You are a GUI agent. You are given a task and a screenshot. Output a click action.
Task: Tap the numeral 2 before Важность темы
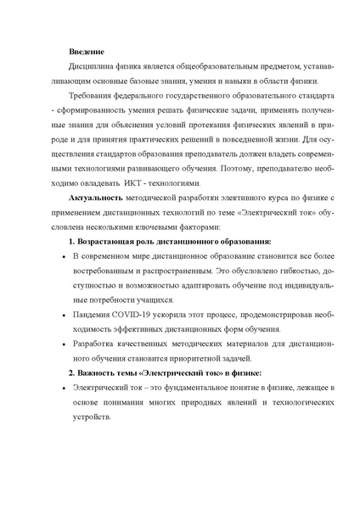pos(70,373)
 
